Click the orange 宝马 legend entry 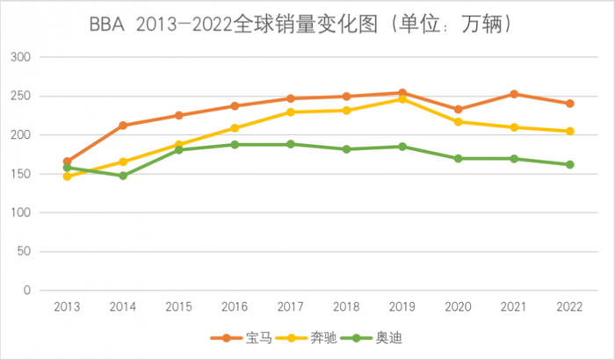coord(236,337)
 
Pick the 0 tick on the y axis coord(26,291)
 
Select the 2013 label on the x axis coord(67,308)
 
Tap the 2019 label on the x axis coord(402,308)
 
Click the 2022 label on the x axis coord(569,308)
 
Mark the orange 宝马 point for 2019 coord(402,93)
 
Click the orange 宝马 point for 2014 coord(123,126)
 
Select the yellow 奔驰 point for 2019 coord(402,99)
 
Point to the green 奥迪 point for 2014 coord(123,176)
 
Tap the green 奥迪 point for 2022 coord(569,164)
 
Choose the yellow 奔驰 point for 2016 coord(235,128)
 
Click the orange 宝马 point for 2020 coord(458,110)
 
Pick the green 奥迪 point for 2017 coord(290,144)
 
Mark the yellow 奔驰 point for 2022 coord(569,131)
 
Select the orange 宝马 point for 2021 coord(513,94)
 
